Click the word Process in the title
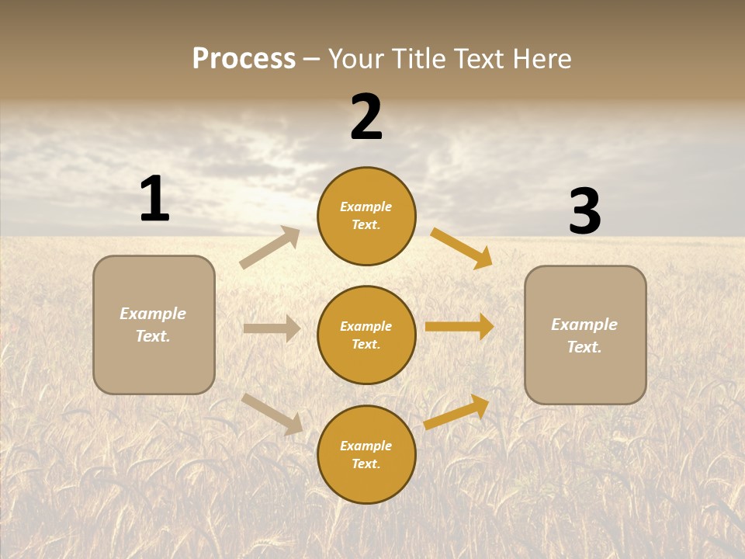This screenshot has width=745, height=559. point(244,59)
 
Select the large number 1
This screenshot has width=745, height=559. point(154,199)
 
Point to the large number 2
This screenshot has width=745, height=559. point(366,117)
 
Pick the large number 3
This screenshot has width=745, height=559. point(584,212)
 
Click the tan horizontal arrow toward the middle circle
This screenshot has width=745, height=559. point(272,328)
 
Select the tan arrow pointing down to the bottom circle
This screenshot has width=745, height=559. point(272,413)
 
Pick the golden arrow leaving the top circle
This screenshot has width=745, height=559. point(462,248)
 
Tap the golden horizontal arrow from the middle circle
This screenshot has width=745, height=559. point(459,326)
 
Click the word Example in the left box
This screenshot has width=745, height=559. point(153,314)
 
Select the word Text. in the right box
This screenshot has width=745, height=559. point(584,347)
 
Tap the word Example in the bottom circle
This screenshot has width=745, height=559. point(366,446)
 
